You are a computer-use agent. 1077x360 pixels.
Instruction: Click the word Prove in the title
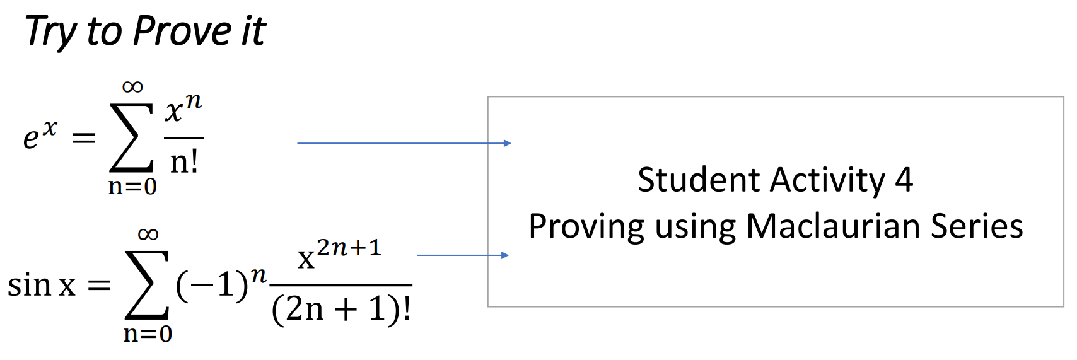point(182,31)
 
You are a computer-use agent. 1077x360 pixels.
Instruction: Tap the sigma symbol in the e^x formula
point(131,138)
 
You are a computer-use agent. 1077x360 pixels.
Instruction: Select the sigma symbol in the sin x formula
point(147,285)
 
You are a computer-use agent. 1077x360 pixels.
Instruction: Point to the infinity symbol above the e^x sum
point(132,86)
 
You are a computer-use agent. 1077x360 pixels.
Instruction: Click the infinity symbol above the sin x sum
point(148,235)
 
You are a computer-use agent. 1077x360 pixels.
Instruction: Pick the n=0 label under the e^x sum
point(132,187)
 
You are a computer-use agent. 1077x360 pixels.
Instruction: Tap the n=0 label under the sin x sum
point(148,334)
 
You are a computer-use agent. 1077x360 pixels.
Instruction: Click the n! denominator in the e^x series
point(184,162)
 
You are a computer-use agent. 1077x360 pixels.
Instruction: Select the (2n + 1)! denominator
point(341,309)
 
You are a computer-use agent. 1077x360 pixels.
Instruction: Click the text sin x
point(42,285)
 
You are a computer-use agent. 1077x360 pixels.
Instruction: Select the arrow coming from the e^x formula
point(404,143)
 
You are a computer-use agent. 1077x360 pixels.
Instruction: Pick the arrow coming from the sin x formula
point(463,255)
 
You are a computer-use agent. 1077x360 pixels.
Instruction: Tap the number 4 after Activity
point(904,180)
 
